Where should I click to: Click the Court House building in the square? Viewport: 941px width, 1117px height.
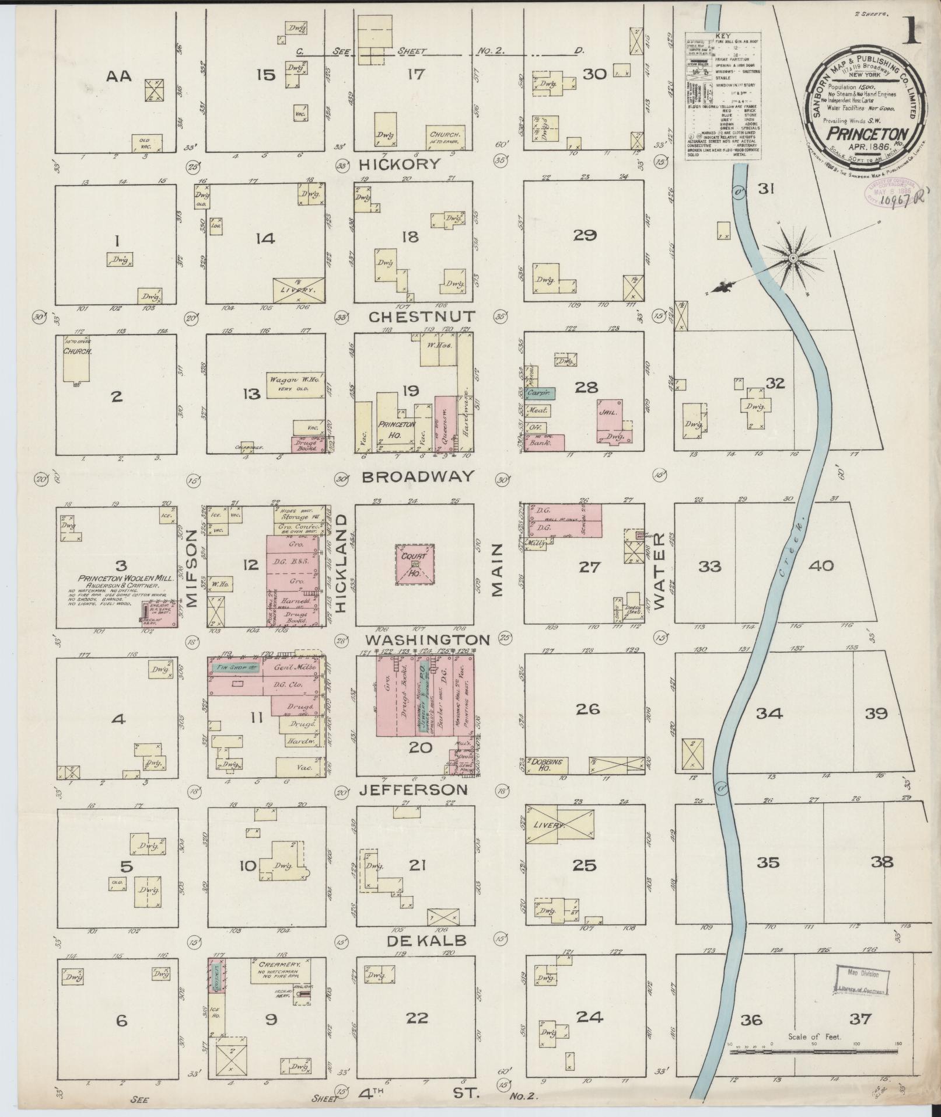414,564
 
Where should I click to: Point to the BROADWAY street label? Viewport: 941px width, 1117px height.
418,476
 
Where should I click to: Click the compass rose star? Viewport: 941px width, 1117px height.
793,257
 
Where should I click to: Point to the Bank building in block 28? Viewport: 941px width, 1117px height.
544,443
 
